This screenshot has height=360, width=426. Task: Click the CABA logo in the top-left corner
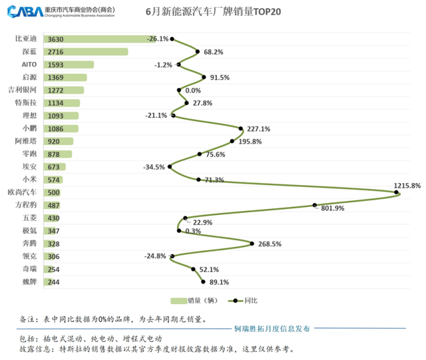pyautogui.click(x=24, y=12)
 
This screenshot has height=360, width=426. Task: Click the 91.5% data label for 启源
pyautogui.click(x=220, y=78)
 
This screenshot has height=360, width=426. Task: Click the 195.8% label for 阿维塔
pyautogui.click(x=249, y=141)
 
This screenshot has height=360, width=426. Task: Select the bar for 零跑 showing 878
pyautogui.click(x=59, y=154)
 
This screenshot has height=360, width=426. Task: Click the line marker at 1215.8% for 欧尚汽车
pyautogui.click(x=397, y=193)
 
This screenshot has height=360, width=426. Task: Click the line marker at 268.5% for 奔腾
pyautogui.click(x=252, y=244)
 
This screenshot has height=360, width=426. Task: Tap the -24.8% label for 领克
pyautogui.click(x=155, y=256)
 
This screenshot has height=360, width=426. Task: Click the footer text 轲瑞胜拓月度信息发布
pyautogui.click(x=272, y=328)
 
